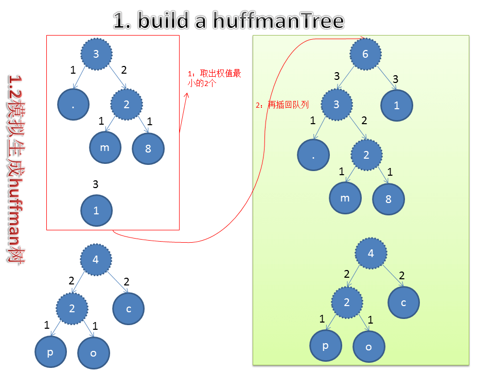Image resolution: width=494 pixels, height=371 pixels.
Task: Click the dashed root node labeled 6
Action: pos(365,53)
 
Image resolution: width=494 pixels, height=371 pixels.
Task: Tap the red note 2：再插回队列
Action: pos(282,105)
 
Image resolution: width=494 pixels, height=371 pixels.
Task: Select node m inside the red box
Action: pos(104,148)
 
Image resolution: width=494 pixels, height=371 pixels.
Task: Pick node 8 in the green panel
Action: pos(389,198)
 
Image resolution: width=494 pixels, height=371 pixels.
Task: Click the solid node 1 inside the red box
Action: pos(96,210)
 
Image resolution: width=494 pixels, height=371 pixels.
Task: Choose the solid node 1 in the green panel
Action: pos(396,106)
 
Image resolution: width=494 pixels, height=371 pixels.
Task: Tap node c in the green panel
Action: pos(403,302)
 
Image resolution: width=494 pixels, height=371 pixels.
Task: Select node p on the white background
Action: pos(50,352)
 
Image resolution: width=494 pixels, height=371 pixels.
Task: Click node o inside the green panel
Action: pos(368,347)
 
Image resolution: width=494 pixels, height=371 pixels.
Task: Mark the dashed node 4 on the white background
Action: pos(95,259)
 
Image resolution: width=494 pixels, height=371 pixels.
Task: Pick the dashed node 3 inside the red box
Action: pos(96,54)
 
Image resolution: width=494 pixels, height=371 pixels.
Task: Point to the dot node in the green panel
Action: pos(313,155)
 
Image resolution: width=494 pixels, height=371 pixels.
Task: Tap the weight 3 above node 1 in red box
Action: pos(95,184)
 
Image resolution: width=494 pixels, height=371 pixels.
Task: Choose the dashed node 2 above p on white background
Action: pos(72,309)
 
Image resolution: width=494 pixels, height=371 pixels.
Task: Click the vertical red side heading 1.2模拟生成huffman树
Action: pos(15,170)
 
